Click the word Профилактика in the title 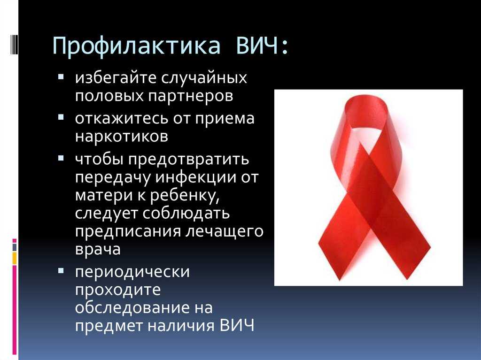click(x=137, y=46)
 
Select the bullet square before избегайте click(x=61, y=76)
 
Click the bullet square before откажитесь click(x=61, y=117)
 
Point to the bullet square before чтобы click(x=61, y=158)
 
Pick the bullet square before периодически click(x=61, y=270)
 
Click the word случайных click(x=204, y=78)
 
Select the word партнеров click(x=191, y=96)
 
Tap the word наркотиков click(x=122, y=136)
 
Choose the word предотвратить click(x=188, y=160)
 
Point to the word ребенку click(x=184, y=196)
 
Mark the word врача click(x=98, y=249)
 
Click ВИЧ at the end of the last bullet click(x=237, y=325)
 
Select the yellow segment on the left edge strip click(x=15, y=258)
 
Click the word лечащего click(x=224, y=232)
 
